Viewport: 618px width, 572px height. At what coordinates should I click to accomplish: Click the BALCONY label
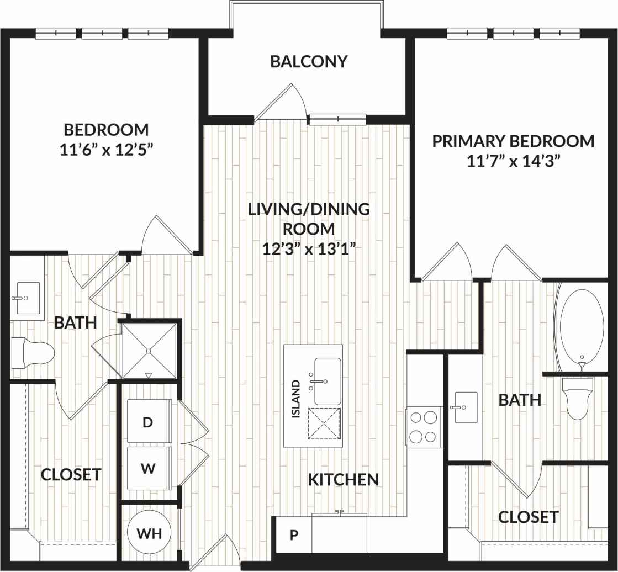[309, 61]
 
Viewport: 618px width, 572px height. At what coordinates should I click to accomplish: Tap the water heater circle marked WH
[149, 533]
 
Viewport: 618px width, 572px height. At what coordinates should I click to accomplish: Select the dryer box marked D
[148, 422]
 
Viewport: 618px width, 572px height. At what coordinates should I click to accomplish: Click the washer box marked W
[148, 469]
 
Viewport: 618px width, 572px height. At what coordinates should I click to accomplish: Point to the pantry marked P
[294, 534]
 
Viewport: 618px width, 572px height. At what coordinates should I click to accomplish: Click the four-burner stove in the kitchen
[424, 427]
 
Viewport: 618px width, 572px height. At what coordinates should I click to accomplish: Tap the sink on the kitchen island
[327, 381]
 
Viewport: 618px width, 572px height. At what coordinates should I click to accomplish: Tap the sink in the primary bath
[466, 407]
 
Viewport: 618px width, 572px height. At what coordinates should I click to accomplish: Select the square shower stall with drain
[149, 350]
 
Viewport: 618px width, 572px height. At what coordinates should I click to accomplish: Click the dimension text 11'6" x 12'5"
[106, 150]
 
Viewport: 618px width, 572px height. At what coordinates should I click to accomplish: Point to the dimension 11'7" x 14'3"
[513, 161]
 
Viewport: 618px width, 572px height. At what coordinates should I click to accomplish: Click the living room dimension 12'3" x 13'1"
[308, 248]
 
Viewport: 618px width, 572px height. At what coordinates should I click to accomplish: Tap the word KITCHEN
[343, 480]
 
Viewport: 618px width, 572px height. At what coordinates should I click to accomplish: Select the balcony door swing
[285, 103]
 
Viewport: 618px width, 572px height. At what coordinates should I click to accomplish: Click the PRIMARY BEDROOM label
[513, 141]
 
